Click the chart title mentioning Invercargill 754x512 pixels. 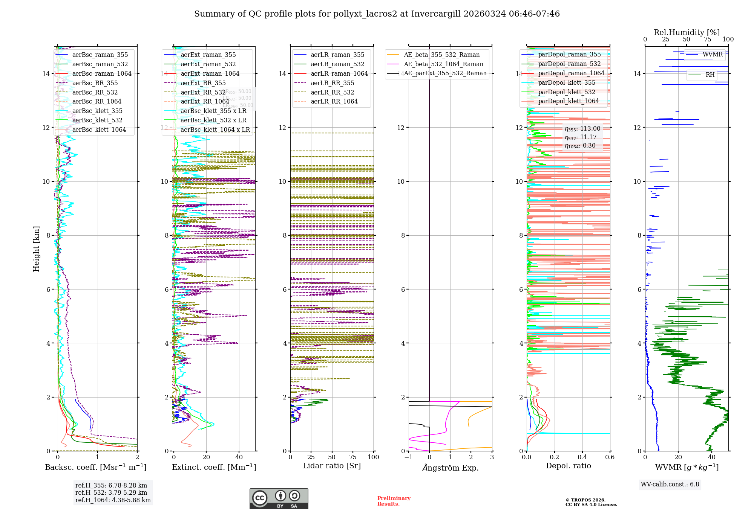coord(377,14)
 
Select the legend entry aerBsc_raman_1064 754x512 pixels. coord(102,73)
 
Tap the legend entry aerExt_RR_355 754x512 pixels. coord(203,83)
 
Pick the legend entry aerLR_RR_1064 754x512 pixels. coord(334,101)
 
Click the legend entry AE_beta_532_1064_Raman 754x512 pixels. coord(443,64)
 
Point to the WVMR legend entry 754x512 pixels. coord(712,55)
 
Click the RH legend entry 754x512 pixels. coord(710,75)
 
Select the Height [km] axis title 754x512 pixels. coord(36,248)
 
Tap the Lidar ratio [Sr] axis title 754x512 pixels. coord(332,466)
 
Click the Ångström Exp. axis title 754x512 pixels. coord(451,468)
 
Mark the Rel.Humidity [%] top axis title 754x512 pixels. coord(687,32)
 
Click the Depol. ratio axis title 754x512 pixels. coord(568,466)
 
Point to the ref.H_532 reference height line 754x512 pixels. coord(111,492)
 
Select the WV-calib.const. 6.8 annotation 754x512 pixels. coord(670,485)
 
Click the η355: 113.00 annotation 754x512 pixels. coord(582,129)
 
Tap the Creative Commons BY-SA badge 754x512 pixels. coord(279,498)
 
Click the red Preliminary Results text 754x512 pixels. coord(394,501)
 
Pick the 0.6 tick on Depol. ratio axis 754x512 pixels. coord(610,457)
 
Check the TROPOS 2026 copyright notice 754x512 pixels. coord(591,502)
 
